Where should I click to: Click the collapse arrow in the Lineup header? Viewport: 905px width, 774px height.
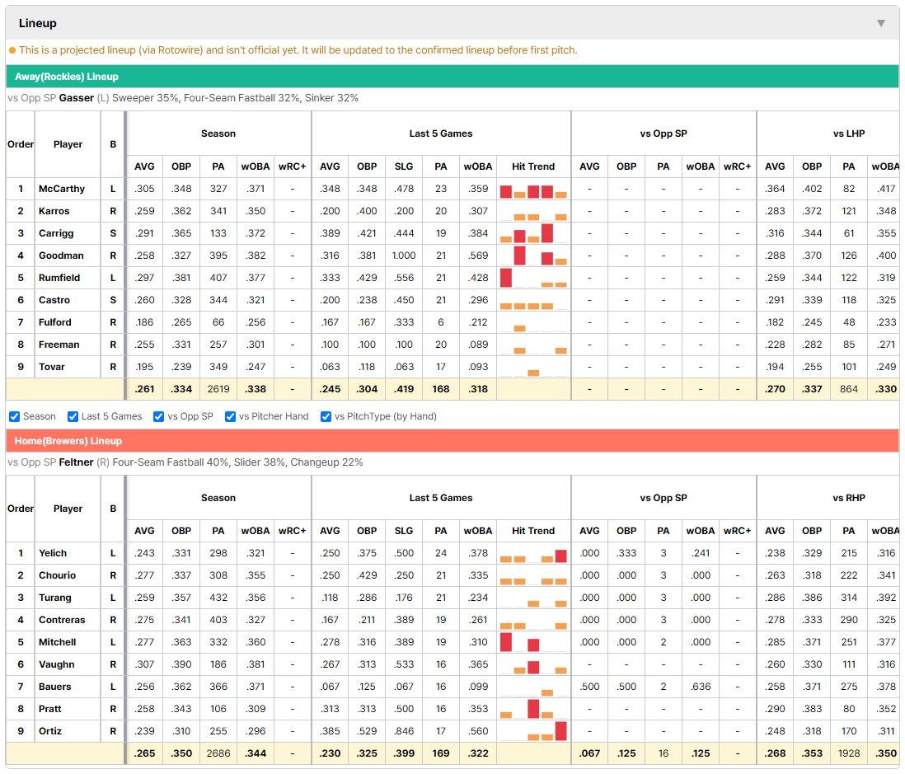881,23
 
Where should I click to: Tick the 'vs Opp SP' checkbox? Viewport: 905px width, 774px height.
159,417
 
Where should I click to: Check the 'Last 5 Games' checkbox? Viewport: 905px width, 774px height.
73,417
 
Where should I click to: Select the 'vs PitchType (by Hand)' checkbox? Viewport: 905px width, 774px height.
326,417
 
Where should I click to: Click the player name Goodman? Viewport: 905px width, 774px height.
61,256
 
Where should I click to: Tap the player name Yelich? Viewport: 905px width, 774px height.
53,553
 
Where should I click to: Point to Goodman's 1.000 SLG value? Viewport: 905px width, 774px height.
404,256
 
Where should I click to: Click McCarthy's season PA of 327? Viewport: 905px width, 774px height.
218,189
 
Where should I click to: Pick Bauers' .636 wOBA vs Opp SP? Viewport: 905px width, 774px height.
701,687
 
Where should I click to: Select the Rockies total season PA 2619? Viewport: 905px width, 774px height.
218,389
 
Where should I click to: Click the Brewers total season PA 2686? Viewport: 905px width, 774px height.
218,753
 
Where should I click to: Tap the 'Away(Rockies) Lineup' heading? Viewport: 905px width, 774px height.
67,77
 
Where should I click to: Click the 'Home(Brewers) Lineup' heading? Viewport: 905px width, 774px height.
68,441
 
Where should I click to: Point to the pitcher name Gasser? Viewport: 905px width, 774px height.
76,98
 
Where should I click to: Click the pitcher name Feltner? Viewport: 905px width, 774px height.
76,462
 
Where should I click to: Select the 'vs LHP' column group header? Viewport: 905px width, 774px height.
848,134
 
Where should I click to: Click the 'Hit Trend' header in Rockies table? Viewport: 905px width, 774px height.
532,167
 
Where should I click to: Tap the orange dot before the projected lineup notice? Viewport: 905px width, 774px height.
12,50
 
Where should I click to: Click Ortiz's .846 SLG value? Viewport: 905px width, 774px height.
404,731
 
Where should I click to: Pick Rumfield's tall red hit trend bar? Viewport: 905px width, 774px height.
505,278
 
